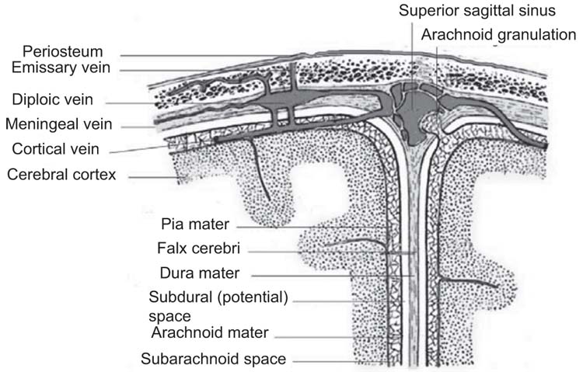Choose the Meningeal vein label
(59, 124)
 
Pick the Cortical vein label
(56, 148)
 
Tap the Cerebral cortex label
(61, 174)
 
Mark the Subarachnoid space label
(213, 359)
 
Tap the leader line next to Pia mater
(311, 227)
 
